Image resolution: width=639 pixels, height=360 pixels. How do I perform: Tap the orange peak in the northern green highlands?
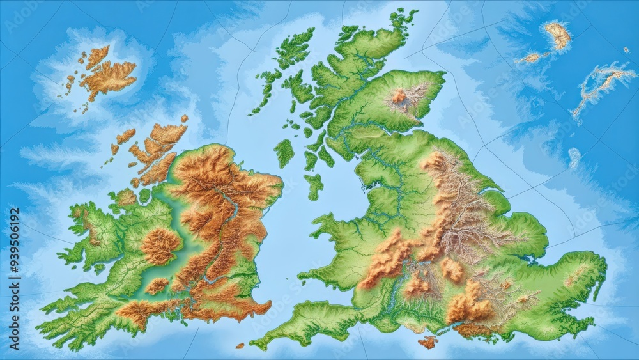click(x=399, y=97)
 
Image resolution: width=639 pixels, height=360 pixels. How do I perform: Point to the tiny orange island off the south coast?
click(x=427, y=342)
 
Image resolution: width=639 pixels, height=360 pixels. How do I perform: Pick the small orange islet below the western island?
click(x=240, y=346)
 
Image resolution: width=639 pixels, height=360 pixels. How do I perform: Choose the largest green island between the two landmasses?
click(x=284, y=153)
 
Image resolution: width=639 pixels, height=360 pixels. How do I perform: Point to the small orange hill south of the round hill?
click(x=157, y=286)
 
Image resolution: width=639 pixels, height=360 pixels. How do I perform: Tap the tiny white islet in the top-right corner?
click(x=626, y=50)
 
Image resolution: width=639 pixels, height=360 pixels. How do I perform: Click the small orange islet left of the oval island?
click(x=530, y=58)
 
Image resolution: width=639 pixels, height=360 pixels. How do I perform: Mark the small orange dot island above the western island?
click(x=184, y=118)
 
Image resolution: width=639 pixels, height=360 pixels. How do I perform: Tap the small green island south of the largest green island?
click(x=313, y=186)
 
